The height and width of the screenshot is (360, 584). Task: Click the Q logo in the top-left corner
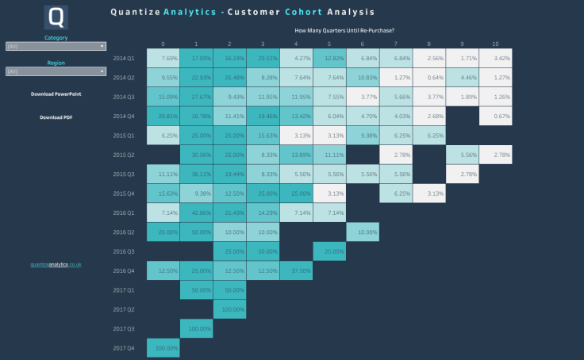(56, 17)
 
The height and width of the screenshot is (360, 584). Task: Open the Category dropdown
(56, 47)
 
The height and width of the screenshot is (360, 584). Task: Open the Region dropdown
(56, 71)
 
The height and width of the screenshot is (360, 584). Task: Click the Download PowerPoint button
(56, 94)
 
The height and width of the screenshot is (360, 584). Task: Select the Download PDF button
(56, 117)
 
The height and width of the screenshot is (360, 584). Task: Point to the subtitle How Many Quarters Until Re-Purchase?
(344, 30)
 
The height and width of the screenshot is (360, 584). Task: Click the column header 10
(495, 44)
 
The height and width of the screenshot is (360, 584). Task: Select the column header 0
(163, 44)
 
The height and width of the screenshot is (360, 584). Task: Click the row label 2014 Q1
(124, 58)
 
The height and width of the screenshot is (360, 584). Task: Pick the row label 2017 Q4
(124, 347)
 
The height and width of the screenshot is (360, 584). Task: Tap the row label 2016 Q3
(124, 251)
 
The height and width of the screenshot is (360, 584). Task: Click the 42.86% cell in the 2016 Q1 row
(196, 213)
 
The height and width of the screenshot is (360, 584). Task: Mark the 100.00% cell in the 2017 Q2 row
(229, 308)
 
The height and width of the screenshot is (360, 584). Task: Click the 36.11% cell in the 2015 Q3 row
(196, 174)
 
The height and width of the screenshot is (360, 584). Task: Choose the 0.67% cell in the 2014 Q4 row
(495, 116)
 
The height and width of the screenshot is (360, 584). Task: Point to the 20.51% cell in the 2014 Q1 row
(263, 58)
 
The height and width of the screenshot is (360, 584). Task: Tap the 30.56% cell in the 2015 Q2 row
(196, 155)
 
